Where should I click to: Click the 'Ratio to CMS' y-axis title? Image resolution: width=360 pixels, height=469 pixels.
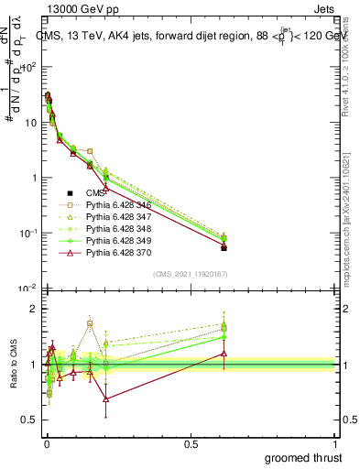click(x=14, y=364)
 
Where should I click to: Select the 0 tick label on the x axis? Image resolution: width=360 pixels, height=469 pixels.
click(x=45, y=442)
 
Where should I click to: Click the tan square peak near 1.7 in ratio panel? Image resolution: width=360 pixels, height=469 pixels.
click(x=90, y=323)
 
